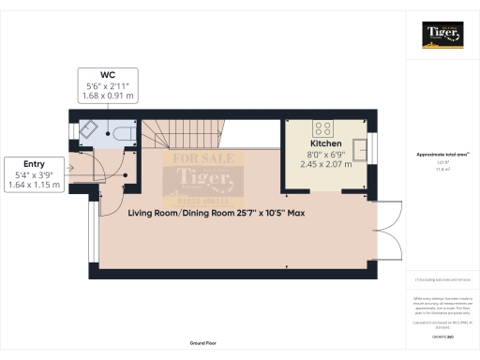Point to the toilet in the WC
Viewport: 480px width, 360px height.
tap(122, 130)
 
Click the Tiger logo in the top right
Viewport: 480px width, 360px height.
tap(442, 35)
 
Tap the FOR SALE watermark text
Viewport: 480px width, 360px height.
tap(203, 157)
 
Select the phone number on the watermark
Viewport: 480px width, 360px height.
tap(203, 201)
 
